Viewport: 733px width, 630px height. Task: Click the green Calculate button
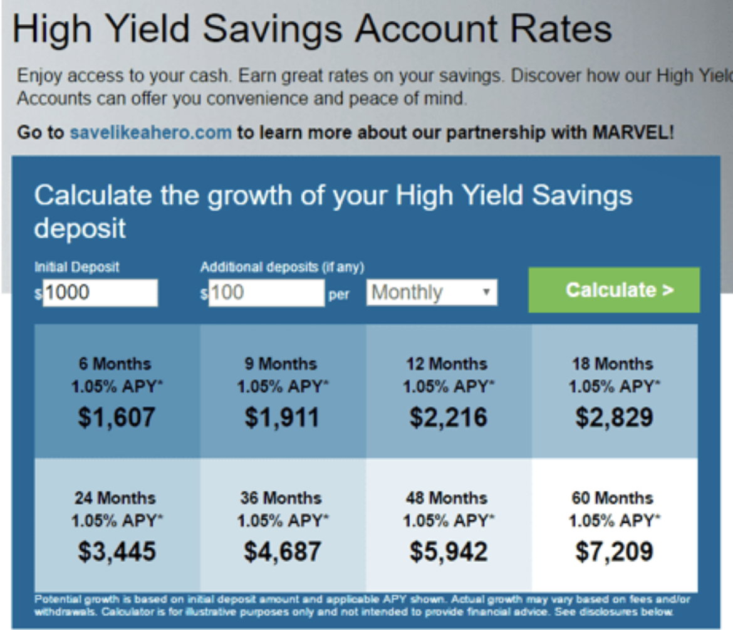point(614,290)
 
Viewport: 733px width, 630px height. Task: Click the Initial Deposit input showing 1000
point(100,293)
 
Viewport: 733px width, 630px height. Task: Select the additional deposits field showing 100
point(266,293)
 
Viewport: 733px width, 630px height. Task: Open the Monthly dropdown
point(432,292)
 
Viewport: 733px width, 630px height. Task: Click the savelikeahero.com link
point(150,132)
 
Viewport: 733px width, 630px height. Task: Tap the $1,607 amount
point(117,417)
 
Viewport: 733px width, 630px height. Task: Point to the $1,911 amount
point(282,417)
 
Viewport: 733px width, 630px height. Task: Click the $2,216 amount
point(449,417)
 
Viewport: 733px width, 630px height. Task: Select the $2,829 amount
point(614,417)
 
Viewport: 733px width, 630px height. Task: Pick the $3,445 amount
point(117,552)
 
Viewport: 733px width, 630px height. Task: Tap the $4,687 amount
point(283,552)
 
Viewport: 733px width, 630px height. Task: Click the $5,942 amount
point(449,552)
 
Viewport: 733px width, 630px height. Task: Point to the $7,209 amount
point(614,552)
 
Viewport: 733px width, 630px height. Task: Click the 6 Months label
point(115,364)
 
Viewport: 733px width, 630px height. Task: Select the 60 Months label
point(612,498)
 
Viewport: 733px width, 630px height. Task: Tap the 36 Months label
point(281,498)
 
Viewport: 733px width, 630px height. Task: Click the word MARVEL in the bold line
point(631,132)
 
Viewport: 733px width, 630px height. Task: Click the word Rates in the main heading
point(561,29)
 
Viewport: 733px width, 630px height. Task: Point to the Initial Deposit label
point(76,267)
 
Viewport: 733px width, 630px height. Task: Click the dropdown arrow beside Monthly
point(486,292)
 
